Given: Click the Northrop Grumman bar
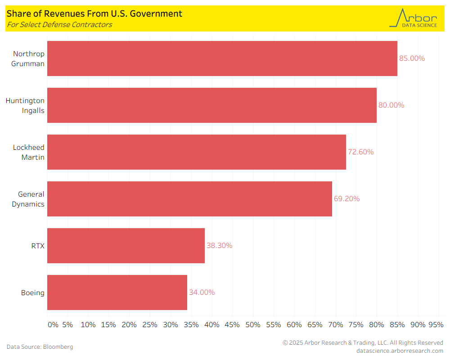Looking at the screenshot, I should (222, 58).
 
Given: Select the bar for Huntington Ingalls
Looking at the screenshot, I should (212, 105).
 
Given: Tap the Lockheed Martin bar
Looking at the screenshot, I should (197, 152).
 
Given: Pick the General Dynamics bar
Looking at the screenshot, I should (189, 199).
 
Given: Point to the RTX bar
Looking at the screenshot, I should (126, 246).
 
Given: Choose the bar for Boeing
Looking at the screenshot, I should (117, 292).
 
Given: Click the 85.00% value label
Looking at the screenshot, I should (412, 58).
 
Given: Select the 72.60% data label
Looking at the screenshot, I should (360, 152).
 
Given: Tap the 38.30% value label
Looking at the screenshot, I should (219, 246).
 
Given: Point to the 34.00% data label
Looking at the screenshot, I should (202, 292).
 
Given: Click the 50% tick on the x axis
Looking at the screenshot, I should (253, 325).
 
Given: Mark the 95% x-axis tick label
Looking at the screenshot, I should (436, 325).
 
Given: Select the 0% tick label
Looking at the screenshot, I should (53, 325).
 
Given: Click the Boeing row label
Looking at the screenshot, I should (33, 293).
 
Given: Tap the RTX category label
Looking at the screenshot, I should (37, 246).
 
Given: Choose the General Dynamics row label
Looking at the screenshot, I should (31, 199).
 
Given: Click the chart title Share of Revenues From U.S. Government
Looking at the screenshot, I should (94, 14).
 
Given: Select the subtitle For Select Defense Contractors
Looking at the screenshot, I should (59, 25).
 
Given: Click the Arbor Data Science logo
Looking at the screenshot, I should (413, 18).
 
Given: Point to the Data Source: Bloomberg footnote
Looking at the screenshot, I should (40, 347).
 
